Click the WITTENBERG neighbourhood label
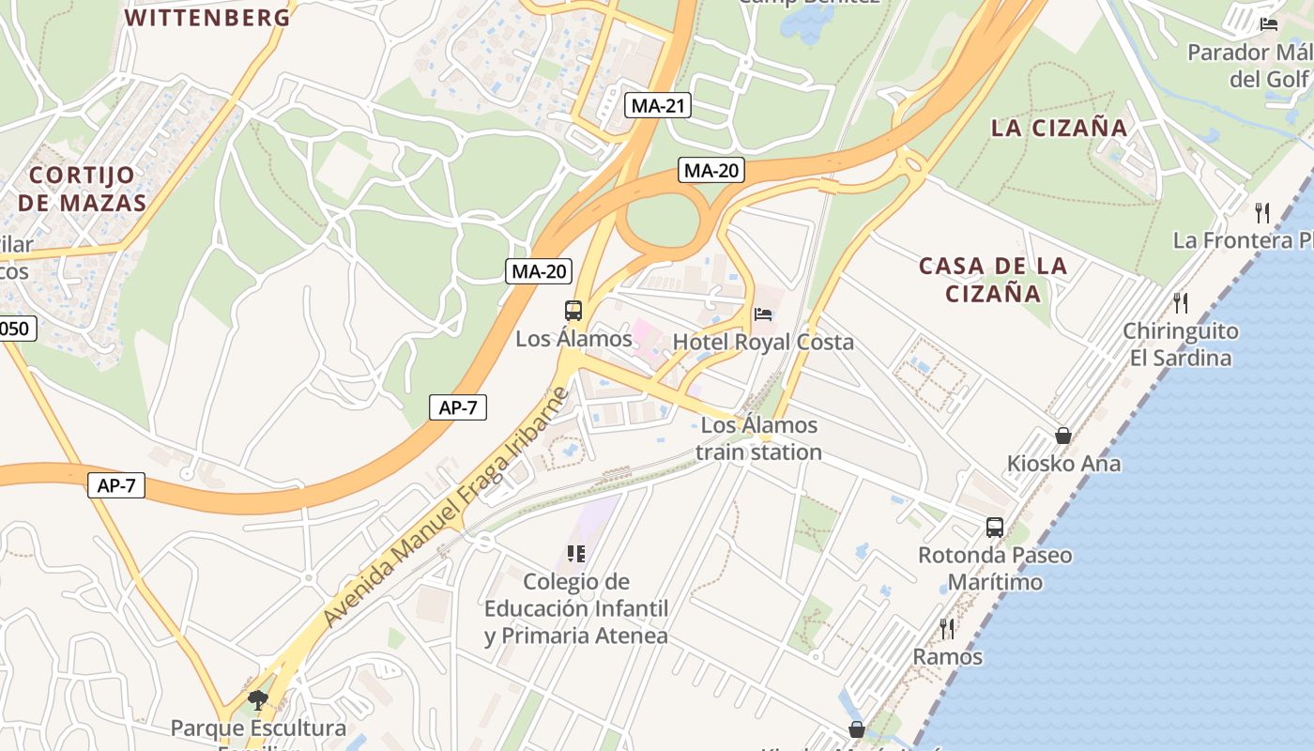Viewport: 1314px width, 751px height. point(207,17)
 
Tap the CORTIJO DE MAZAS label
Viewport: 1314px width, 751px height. point(82,189)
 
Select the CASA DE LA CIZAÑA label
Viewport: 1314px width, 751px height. point(993,279)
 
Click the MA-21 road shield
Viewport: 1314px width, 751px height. point(657,106)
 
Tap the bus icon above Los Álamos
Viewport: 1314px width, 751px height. point(573,310)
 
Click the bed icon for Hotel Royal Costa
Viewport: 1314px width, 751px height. point(763,314)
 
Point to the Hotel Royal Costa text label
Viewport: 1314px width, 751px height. point(763,342)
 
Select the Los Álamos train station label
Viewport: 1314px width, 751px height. point(759,438)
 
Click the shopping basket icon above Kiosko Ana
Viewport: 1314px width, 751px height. point(1063,436)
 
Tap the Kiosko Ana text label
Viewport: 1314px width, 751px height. point(1063,464)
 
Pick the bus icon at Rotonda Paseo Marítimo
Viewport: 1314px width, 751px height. point(995,528)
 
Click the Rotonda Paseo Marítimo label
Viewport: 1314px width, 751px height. point(995,568)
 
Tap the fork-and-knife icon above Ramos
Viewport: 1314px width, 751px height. point(947,628)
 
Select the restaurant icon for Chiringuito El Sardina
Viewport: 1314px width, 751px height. point(1181,302)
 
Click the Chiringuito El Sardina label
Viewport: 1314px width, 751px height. point(1181,344)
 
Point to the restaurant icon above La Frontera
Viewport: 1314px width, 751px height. point(1262,212)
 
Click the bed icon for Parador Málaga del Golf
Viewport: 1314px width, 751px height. point(1269,24)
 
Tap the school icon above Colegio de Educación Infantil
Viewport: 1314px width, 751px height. point(575,554)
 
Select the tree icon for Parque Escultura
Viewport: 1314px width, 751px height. point(257,699)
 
